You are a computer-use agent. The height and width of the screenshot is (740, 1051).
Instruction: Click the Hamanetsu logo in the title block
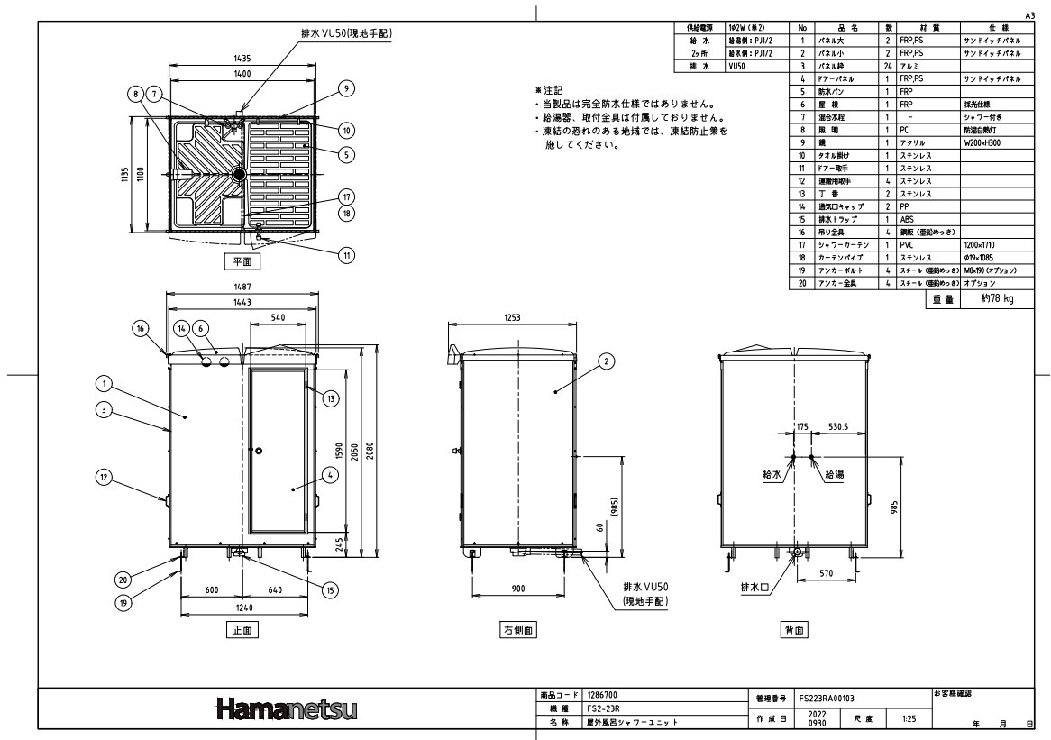pyautogui.click(x=287, y=712)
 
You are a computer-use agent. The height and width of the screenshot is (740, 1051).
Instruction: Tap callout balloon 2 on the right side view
pyautogui.click(x=606, y=361)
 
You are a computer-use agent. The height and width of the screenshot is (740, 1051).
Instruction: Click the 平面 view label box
pyautogui.click(x=242, y=262)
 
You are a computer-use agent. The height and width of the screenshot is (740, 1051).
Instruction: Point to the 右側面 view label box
pyautogui.click(x=518, y=631)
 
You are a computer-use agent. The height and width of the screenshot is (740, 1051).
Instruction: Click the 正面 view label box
pyautogui.click(x=242, y=631)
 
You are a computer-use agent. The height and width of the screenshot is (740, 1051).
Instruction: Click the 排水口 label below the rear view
pyautogui.click(x=755, y=588)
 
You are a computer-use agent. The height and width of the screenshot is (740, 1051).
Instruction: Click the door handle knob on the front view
pyautogui.click(x=257, y=450)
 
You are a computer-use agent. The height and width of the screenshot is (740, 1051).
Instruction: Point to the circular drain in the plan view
pyautogui.click(x=239, y=174)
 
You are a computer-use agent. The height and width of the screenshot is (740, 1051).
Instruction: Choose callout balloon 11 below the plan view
pyautogui.click(x=346, y=255)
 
